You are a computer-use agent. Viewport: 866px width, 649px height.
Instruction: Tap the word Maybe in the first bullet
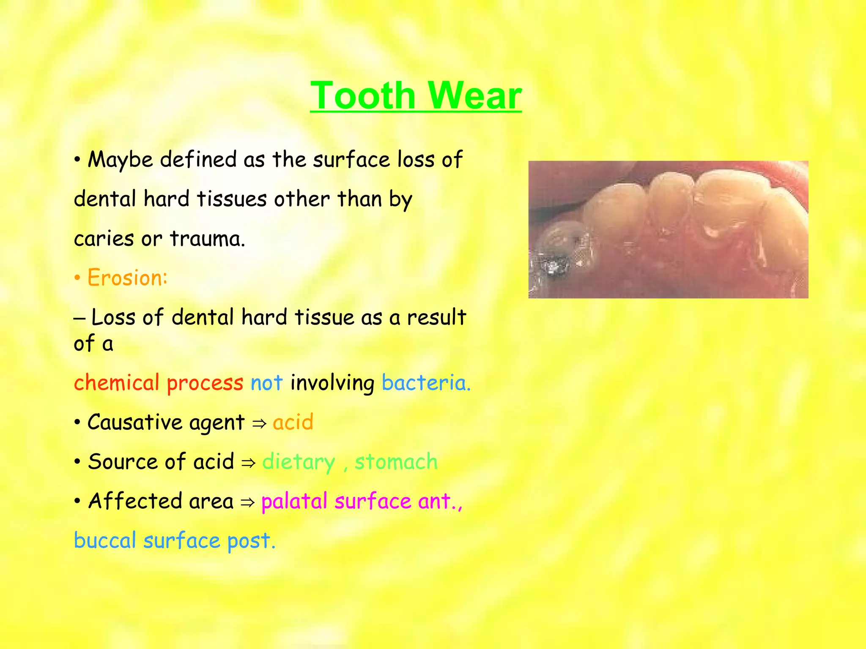click(121, 160)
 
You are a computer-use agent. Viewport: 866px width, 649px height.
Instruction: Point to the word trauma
click(207, 239)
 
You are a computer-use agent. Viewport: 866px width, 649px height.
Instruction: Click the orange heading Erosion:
click(127, 278)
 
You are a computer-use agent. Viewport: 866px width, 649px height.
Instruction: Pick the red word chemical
click(116, 383)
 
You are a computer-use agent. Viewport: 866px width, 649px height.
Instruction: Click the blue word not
click(266, 383)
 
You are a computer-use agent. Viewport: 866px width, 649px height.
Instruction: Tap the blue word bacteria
click(425, 383)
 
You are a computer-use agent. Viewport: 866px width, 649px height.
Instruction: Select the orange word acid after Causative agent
click(293, 422)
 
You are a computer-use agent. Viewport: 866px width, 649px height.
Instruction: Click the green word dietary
click(299, 462)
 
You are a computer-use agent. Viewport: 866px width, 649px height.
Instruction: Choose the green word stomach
click(396, 462)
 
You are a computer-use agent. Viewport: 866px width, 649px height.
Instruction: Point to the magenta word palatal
click(294, 502)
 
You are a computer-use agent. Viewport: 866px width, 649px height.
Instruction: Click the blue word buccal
click(105, 541)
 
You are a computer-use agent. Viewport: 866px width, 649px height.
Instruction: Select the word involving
click(332, 383)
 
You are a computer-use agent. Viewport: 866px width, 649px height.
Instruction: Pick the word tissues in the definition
click(232, 199)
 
